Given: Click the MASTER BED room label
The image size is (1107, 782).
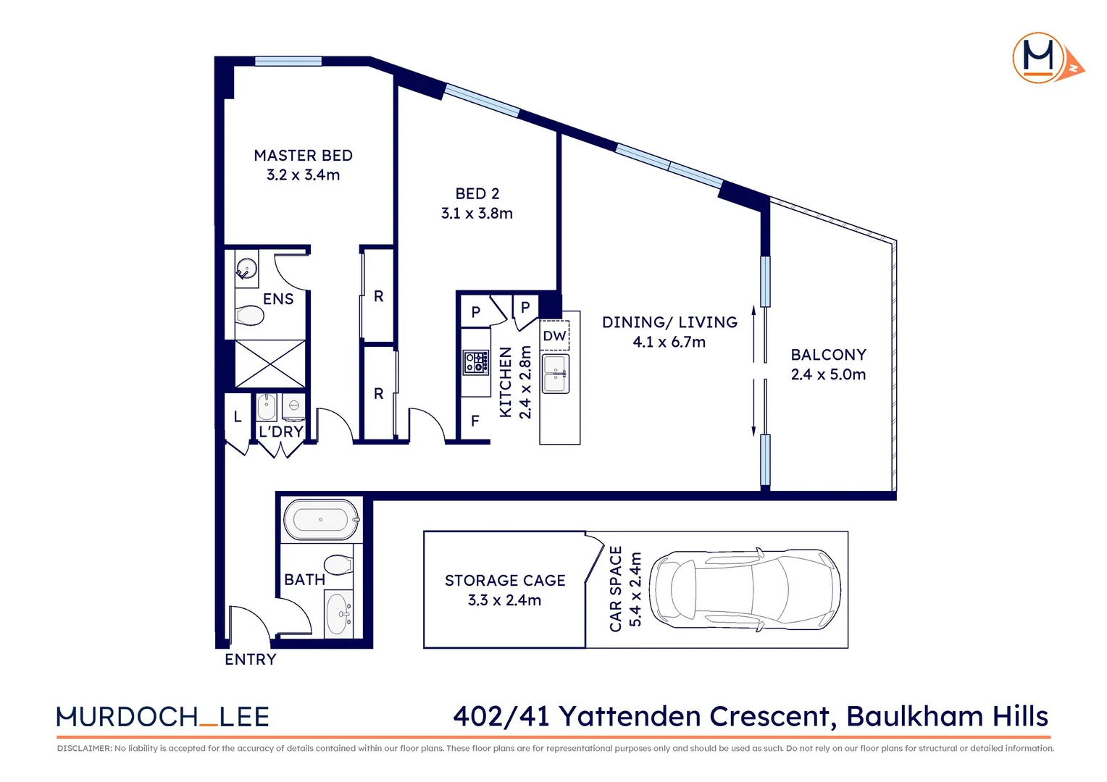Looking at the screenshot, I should coord(303,156).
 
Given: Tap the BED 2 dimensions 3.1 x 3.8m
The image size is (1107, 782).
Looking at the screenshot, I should coord(477,214).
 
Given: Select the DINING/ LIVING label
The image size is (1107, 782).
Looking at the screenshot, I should coord(669,322).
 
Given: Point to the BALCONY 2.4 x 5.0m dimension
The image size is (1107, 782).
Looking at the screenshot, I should coord(828,374).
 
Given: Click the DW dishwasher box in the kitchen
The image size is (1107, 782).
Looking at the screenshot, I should coord(555,336).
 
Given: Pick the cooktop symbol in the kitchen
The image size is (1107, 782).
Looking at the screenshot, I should coord(476,362).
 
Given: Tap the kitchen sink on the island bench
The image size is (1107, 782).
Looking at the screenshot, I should coord(556,374).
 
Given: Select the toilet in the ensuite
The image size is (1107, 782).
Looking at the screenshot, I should coord(250,316).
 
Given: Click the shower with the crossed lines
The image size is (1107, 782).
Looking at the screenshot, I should coord(270,363).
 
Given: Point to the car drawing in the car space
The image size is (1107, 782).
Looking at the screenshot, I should coord(745,589).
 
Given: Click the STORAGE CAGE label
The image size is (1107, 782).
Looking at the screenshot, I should coord(505,581).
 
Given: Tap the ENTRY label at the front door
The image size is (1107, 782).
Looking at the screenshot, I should coord(251,660).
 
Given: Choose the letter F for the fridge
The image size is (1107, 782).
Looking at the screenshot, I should coord(475,421).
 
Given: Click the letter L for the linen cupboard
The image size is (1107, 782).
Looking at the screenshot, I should coord(237,417).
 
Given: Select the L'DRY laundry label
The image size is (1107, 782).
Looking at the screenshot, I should coord(281,432).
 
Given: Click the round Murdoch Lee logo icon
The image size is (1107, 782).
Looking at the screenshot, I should coord(1039,57).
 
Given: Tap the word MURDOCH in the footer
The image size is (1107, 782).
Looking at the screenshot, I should coord(127,717).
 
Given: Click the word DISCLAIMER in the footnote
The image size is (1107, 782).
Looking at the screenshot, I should coord(83,749).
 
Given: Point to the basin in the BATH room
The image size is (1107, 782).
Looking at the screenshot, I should coord(338,614).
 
